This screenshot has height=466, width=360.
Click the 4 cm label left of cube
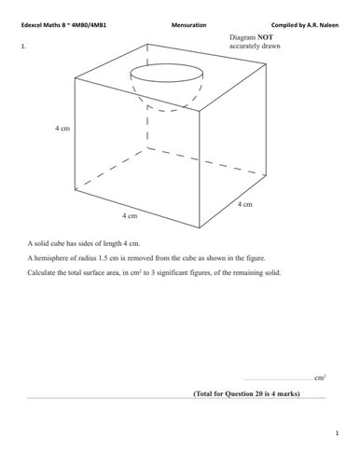[x=62, y=129]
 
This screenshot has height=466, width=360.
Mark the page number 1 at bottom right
[x=336, y=434]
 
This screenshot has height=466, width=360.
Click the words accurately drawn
[x=254, y=46]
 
